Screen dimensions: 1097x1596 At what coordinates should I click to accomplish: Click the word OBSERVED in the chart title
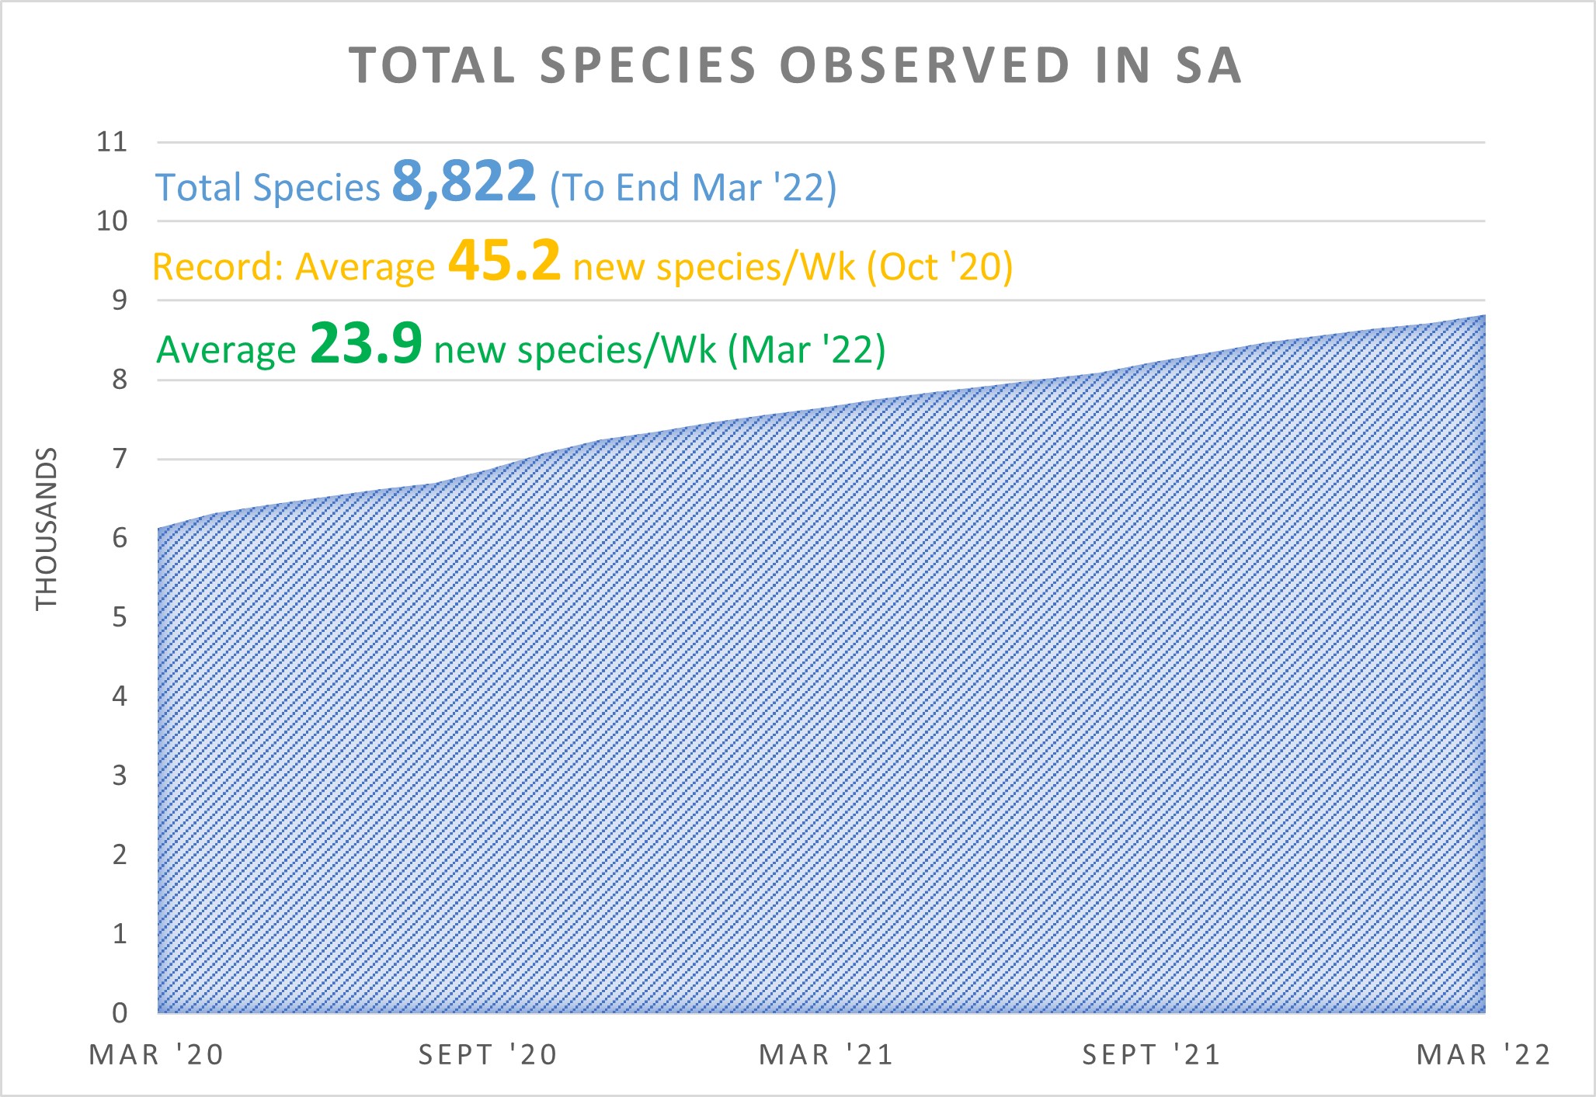[x=925, y=65]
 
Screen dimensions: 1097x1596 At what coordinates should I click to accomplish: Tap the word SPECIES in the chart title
[x=648, y=65]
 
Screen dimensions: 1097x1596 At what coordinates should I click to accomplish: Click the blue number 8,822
[x=464, y=182]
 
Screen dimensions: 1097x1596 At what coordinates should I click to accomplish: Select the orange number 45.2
[x=504, y=261]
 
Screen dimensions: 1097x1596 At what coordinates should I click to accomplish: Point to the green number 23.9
[x=366, y=344]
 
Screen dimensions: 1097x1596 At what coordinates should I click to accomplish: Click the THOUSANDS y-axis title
[x=47, y=529]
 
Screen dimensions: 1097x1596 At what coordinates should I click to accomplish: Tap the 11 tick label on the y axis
[x=111, y=142]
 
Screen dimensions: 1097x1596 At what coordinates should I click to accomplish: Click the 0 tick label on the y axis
[x=119, y=1012]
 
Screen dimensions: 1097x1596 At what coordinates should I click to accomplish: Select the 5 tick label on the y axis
[x=119, y=617]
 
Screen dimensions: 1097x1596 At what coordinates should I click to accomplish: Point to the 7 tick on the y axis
[x=119, y=459]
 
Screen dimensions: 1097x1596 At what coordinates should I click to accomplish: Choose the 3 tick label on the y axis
[x=119, y=775]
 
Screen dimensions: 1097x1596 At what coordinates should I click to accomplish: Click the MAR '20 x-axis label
[x=157, y=1055]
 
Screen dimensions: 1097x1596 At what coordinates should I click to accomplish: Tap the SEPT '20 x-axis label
[x=488, y=1055]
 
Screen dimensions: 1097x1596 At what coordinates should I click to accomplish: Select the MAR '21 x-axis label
[x=826, y=1055]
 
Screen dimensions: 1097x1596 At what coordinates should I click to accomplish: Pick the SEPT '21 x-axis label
[x=1152, y=1055]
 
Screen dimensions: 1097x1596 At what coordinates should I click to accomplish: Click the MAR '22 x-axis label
[x=1483, y=1055]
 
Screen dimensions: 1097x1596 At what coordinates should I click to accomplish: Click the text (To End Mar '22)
[x=693, y=188]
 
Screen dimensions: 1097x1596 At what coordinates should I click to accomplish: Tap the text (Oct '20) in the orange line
[x=940, y=267]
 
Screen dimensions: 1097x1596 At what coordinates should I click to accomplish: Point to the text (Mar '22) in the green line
[x=807, y=350]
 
